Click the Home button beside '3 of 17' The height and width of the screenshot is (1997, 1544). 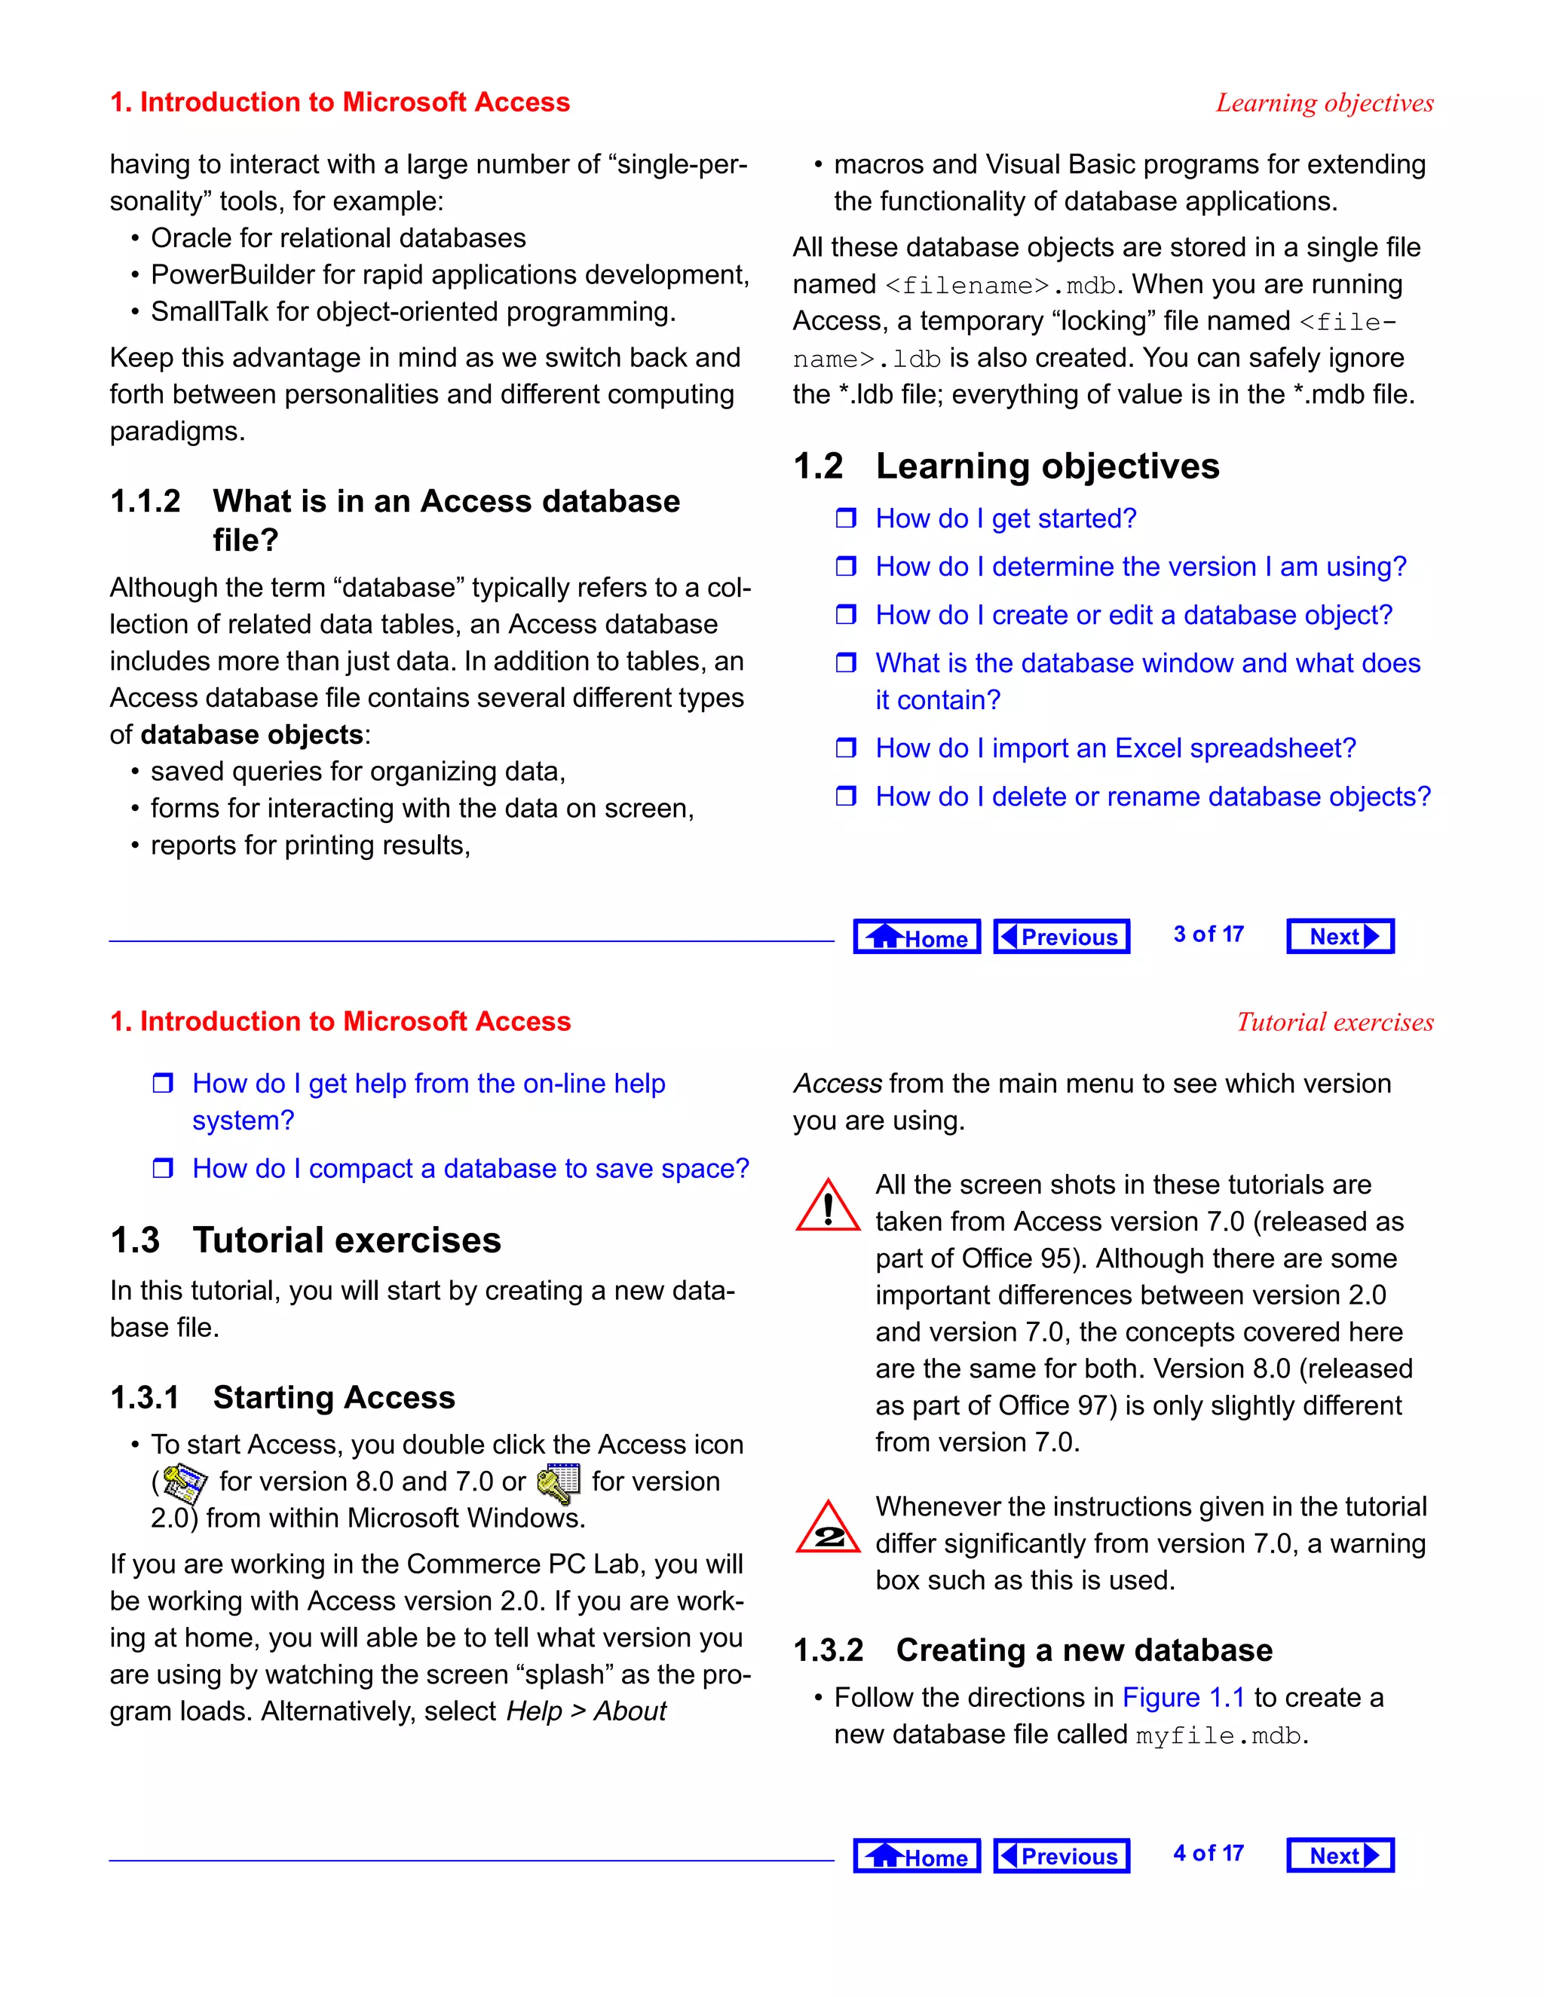(917, 936)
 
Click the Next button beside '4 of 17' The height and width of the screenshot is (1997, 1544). (1340, 1855)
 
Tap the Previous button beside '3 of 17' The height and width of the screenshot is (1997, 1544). (1061, 936)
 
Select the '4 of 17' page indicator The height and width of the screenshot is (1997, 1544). (1208, 1854)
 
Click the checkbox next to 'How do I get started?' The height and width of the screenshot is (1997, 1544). (846, 518)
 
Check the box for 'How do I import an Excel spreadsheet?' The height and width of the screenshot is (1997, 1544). (846, 748)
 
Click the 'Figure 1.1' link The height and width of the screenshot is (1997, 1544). (1183, 1697)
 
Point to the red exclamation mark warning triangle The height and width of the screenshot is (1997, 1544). (827, 1206)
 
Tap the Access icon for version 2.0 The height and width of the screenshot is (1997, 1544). (559, 1482)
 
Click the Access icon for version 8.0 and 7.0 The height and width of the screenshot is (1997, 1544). (185, 1482)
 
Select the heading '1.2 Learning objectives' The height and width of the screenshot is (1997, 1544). (1006, 466)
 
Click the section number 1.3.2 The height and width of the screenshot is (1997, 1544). (828, 1650)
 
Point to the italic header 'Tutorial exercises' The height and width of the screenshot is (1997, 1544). (1334, 1023)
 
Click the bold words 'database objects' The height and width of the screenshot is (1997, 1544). (253, 734)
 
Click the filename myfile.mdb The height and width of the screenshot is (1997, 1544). (1218, 1735)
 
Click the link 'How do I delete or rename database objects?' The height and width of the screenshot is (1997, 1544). (1153, 797)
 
